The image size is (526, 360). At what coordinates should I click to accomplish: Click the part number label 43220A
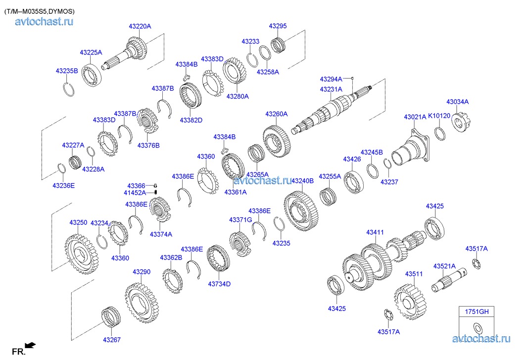click(x=140, y=26)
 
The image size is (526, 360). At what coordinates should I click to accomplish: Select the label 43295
click(x=278, y=26)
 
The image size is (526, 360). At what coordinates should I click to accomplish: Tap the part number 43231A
click(x=331, y=89)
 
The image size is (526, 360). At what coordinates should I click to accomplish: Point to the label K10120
click(x=439, y=116)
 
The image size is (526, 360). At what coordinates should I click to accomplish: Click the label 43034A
click(x=457, y=102)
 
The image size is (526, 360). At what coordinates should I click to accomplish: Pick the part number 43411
click(x=375, y=232)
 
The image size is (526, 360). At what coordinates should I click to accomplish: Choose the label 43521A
click(x=444, y=266)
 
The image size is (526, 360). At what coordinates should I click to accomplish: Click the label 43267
click(x=111, y=340)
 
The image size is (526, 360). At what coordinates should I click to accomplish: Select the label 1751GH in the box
click(x=476, y=311)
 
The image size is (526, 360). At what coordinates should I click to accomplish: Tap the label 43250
click(x=78, y=223)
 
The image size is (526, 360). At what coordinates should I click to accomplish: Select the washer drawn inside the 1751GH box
click(x=478, y=327)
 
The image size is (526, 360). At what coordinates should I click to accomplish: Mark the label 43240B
click(x=302, y=181)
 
